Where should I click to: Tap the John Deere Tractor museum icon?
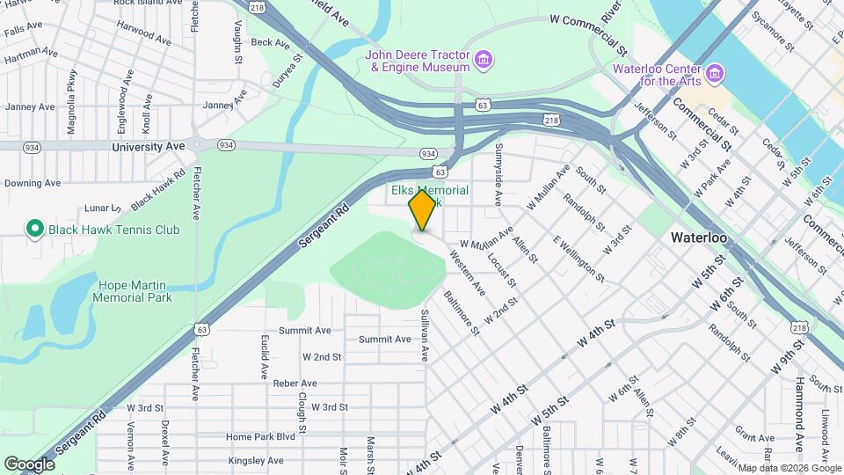click(483, 60)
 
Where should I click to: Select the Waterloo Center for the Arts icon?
click(716, 71)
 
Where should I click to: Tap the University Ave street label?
click(149, 146)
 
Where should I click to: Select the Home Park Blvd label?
click(259, 436)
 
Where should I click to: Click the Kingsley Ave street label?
click(255, 460)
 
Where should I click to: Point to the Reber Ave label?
click(295, 384)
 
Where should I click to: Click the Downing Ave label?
click(32, 183)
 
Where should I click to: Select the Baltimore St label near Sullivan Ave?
click(461, 313)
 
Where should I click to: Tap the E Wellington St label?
click(578, 259)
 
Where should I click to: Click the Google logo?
click(30, 464)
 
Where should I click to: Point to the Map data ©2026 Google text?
click(789, 468)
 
